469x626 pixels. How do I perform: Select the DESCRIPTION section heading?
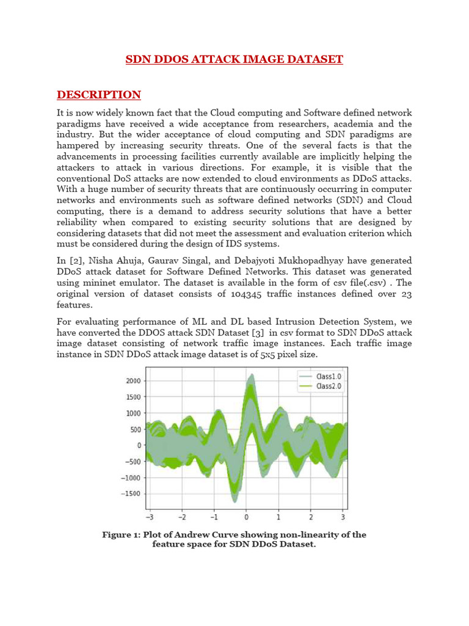[x=99, y=95]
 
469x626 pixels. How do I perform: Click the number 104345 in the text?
[x=266, y=293]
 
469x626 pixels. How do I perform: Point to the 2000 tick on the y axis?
[x=133, y=381]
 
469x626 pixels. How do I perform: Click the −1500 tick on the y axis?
[x=131, y=493]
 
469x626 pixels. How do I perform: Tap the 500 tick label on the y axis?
[x=136, y=429]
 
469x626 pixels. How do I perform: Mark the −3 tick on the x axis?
[x=151, y=516]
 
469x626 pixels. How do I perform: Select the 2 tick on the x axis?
[x=310, y=516]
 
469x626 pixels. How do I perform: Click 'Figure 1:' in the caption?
[x=122, y=535]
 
